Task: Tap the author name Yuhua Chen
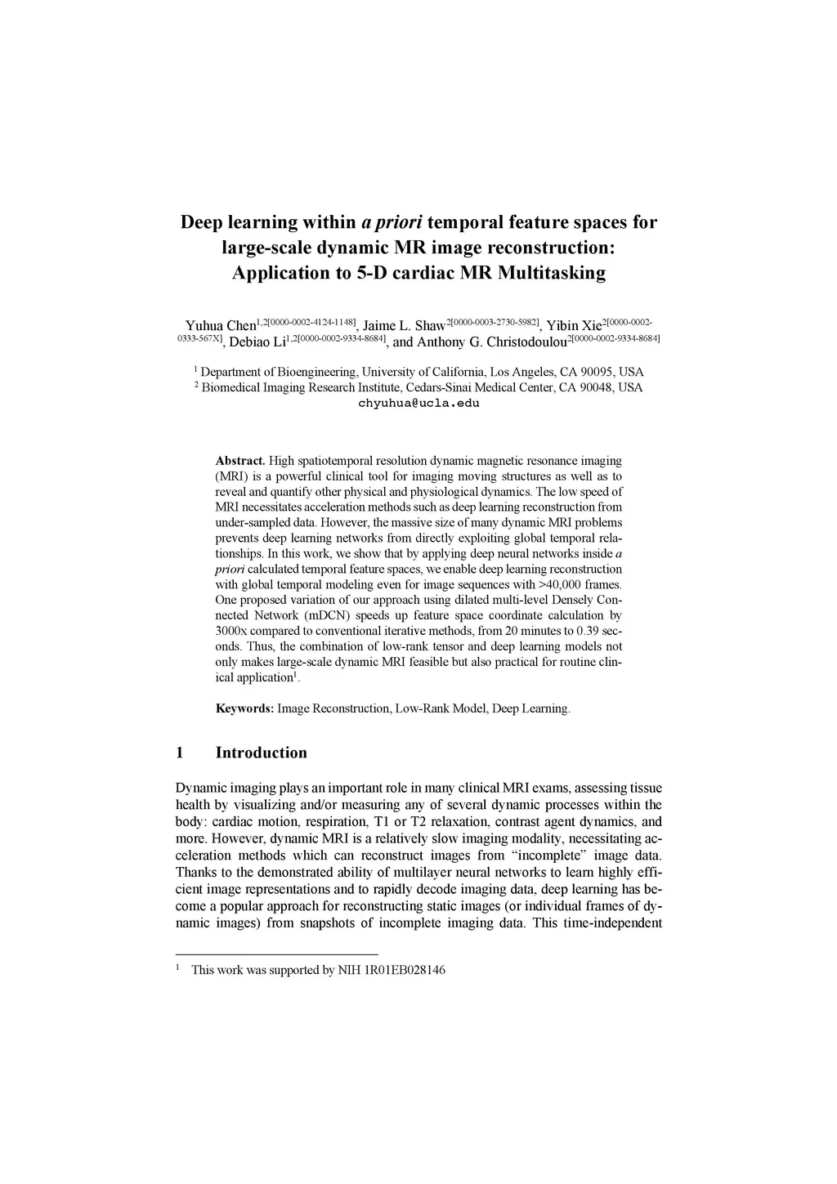point(221,326)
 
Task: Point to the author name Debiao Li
point(255,342)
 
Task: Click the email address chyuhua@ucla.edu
point(418,403)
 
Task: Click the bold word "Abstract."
point(239,461)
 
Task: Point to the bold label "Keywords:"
point(244,708)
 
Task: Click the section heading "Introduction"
point(261,753)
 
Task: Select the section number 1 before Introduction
point(179,753)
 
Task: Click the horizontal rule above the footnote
point(277,954)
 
